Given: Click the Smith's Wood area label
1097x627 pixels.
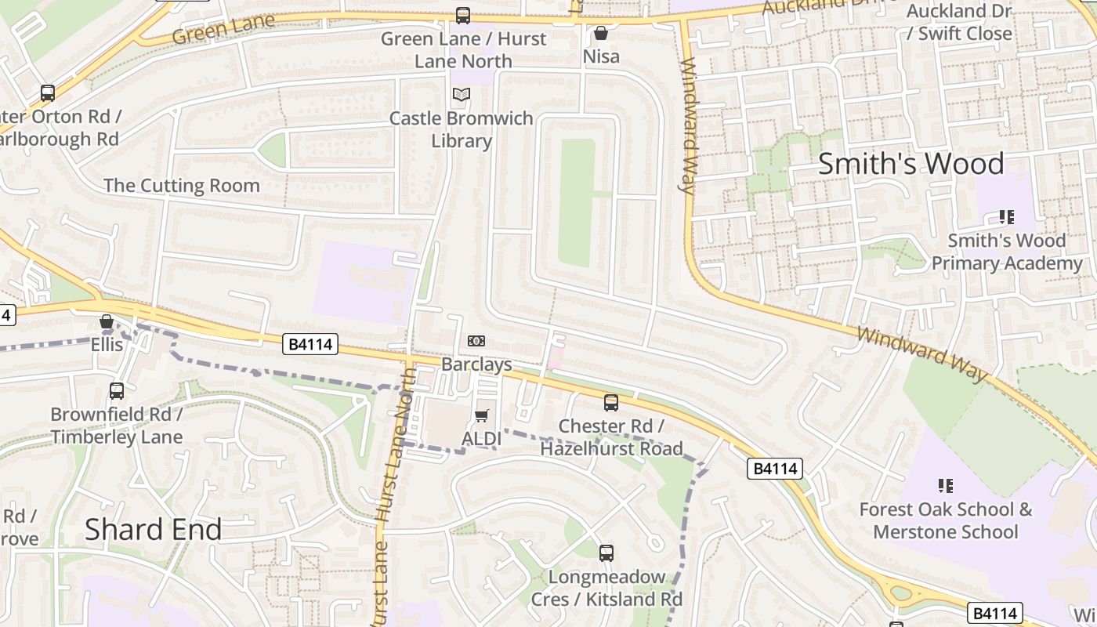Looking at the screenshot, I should [x=911, y=164].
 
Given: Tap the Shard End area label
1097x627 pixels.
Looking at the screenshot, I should [x=153, y=529].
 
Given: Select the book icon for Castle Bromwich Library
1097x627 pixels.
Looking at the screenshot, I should [x=462, y=95].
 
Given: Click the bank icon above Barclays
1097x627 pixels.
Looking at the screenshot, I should [x=476, y=341].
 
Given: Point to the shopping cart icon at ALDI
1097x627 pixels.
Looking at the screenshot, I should [x=481, y=415].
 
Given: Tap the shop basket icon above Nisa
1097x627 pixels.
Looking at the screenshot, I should [x=601, y=33].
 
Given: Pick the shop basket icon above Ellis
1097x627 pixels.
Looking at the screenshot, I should [x=107, y=321].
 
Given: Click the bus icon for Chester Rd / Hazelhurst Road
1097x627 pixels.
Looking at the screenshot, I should [x=611, y=403].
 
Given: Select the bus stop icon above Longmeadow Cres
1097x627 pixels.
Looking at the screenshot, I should [x=606, y=553].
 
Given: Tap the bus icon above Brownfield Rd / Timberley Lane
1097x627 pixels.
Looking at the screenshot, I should [x=117, y=390].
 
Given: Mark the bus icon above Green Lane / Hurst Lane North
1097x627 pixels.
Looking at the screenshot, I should [x=463, y=15].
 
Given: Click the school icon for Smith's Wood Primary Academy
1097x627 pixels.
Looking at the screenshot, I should [x=1006, y=217].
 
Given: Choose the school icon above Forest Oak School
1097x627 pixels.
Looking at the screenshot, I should [x=945, y=486].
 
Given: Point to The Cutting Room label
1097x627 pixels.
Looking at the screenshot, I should [x=182, y=186].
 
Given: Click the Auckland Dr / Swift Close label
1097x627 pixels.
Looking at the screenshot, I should [x=959, y=23].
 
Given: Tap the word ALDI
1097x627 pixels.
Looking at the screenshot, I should [x=481, y=439].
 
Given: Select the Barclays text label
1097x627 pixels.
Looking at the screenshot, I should [x=476, y=364].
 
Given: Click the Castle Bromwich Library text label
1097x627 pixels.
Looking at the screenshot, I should [x=462, y=130].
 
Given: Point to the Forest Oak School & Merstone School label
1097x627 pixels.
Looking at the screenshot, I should [x=945, y=520].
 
